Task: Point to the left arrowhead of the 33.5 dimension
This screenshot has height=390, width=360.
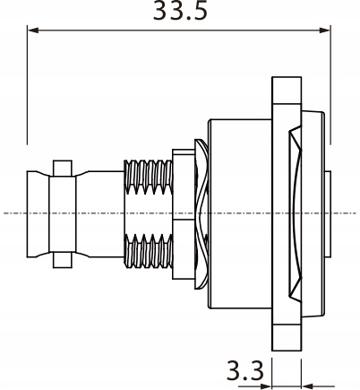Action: [33, 30]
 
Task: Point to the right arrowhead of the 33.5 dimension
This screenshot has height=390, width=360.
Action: [326, 30]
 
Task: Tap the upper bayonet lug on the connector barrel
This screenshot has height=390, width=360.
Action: [61, 168]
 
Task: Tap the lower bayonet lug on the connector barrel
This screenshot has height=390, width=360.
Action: [61, 260]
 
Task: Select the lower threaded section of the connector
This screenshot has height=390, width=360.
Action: [147, 252]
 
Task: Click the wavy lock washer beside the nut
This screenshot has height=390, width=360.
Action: [201, 215]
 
